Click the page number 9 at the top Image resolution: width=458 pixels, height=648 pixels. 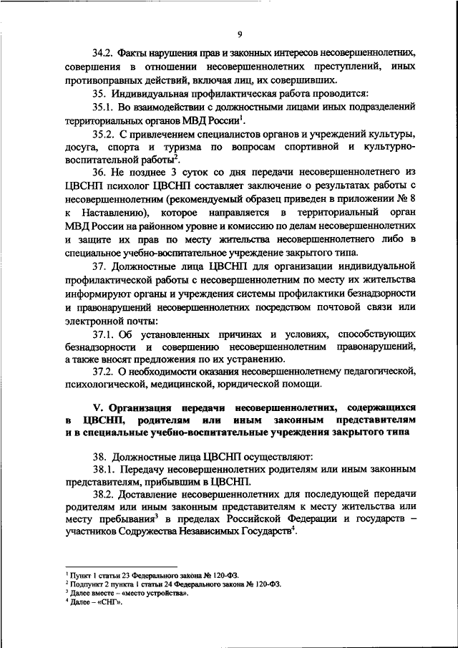point(240,33)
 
